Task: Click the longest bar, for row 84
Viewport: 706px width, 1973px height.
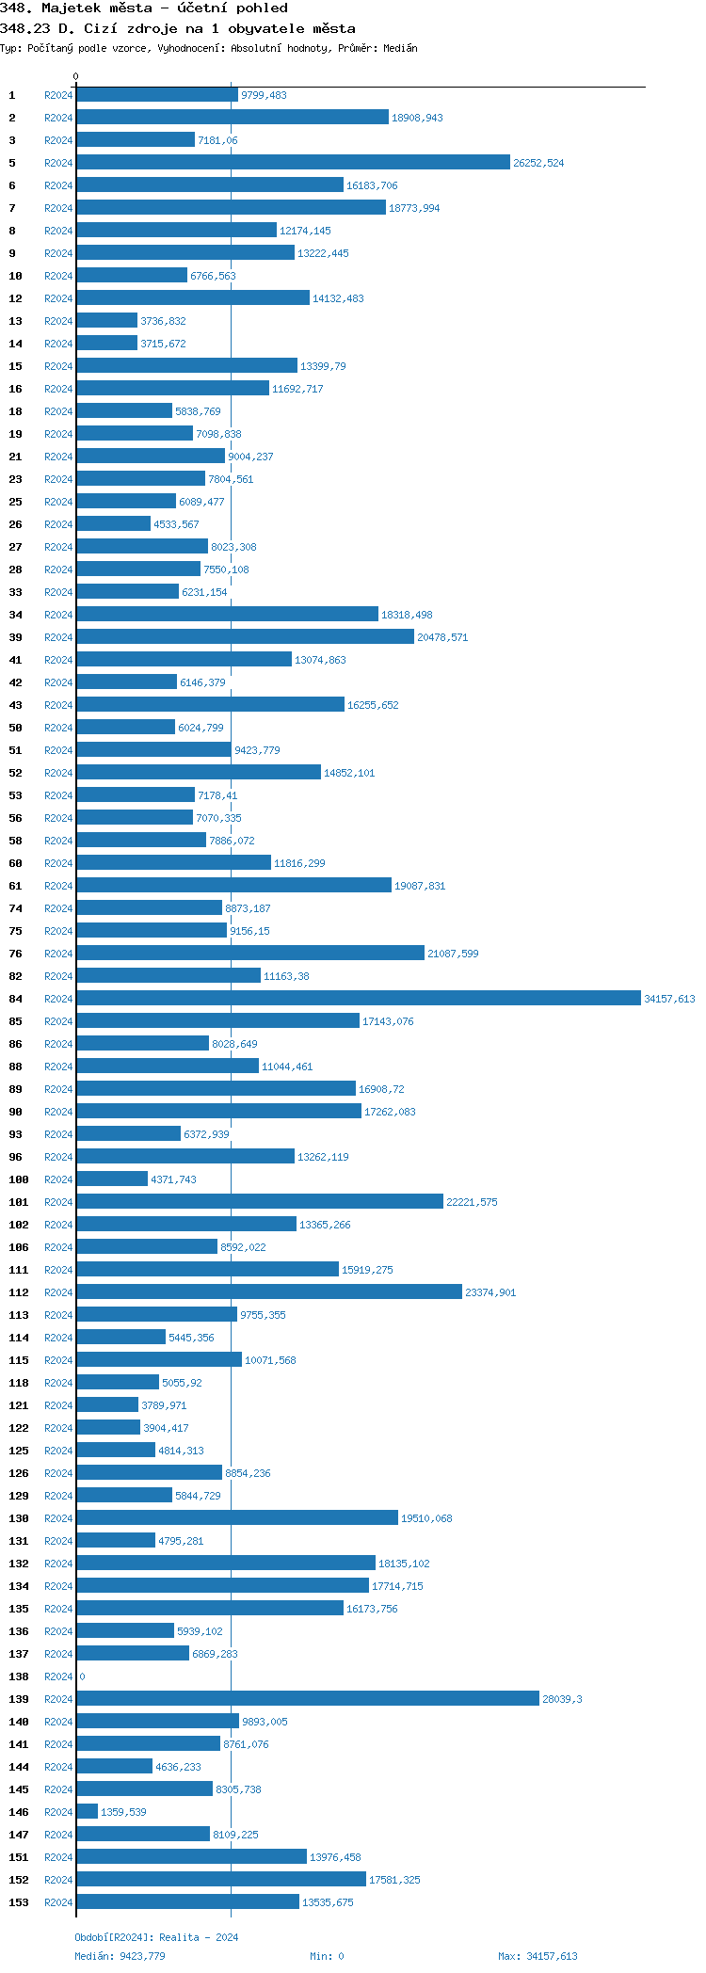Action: point(358,999)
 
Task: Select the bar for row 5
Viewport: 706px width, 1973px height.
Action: point(293,163)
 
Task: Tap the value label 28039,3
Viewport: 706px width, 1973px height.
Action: point(562,1699)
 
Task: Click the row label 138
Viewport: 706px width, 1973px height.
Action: point(18,1676)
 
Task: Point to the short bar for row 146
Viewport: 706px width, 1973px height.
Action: point(87,1812)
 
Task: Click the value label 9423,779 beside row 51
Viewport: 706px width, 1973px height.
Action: point(257,750)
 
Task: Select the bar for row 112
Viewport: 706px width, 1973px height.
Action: point(269,1292)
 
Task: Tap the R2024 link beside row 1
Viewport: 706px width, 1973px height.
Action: point(58,95)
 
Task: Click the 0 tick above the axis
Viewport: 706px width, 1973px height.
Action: point(76,76)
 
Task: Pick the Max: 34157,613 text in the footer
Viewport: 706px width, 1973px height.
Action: point(538,1956)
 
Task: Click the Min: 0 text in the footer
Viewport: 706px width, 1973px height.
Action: point(327,1956)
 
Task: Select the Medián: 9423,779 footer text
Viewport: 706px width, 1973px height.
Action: point(120,1956)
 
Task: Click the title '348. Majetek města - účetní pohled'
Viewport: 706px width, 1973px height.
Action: point(144,8)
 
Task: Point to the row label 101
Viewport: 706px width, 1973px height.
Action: point(18,1202)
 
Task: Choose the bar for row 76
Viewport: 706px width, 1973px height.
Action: point(250,954)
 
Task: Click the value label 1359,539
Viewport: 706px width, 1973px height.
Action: point(123,1812)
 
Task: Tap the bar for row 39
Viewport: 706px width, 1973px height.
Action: point(245,637)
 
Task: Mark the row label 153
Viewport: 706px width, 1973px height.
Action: point(18,1902)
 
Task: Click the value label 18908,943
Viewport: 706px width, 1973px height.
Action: point(417,118)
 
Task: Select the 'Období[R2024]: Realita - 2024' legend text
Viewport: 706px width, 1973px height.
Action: point(156,1937)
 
